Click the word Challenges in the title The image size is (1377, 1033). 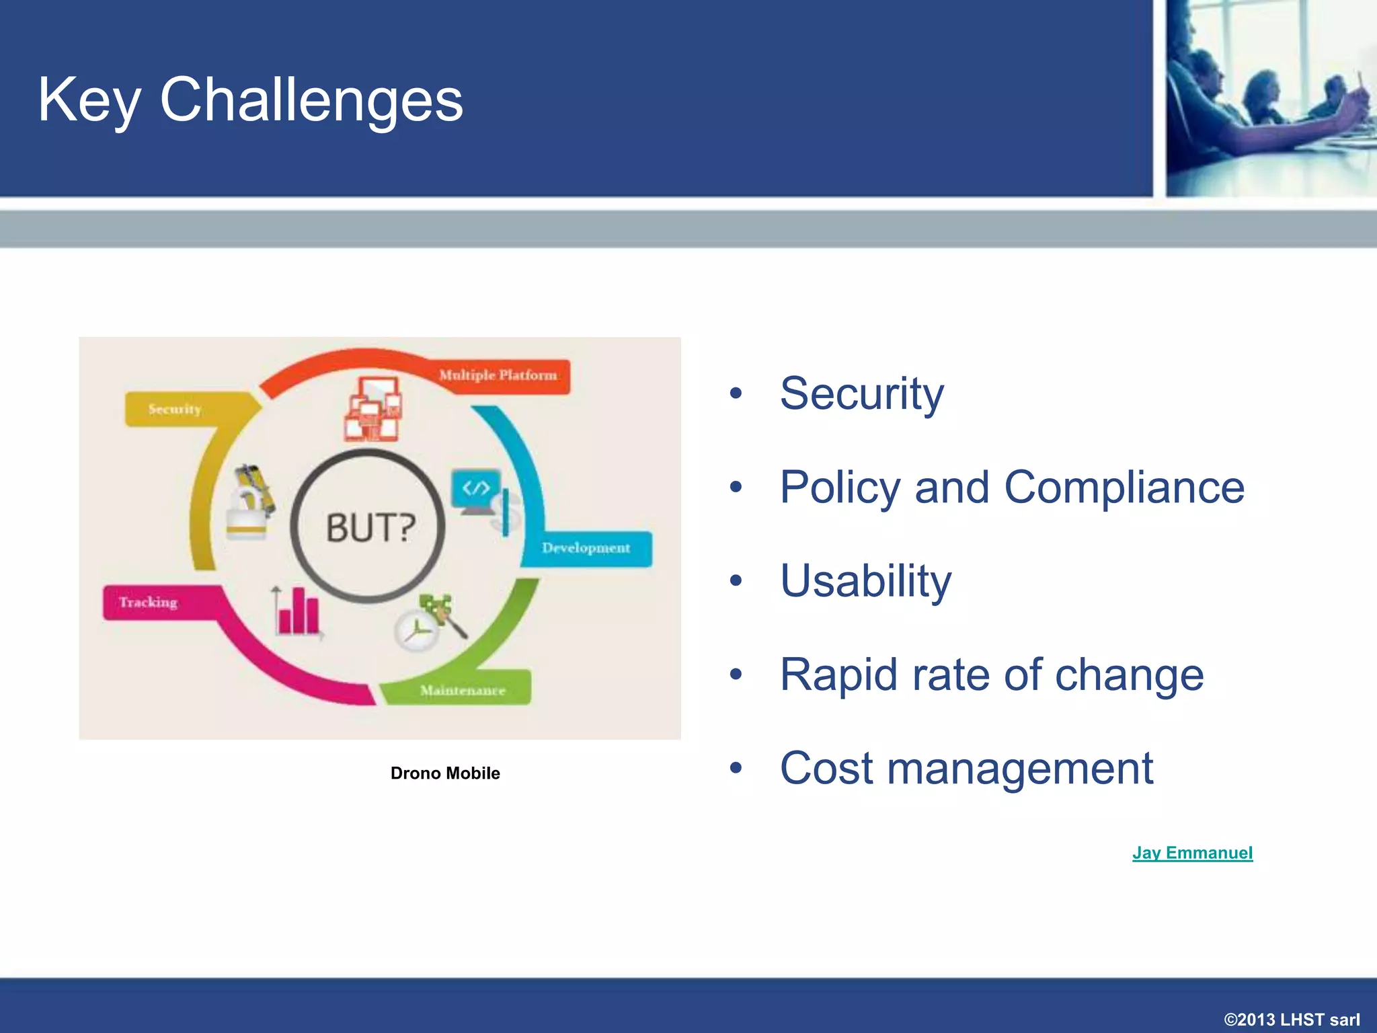click(311, 100)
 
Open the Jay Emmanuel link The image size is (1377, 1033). click(1192, 853)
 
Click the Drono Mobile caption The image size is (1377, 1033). click(445, 773)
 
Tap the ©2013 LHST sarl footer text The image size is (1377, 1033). click(1292, 1020)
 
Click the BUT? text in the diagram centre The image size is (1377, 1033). click(370, 527)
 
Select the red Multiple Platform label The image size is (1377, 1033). click(498, 375)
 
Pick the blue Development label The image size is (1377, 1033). click(586, 548)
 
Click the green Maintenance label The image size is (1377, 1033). click(463, 691)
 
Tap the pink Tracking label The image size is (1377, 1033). click(149, 602)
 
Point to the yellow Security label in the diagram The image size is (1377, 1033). click(175, 409)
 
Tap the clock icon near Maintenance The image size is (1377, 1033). click(416, 632)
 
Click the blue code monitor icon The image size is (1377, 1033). click(476, 490)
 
